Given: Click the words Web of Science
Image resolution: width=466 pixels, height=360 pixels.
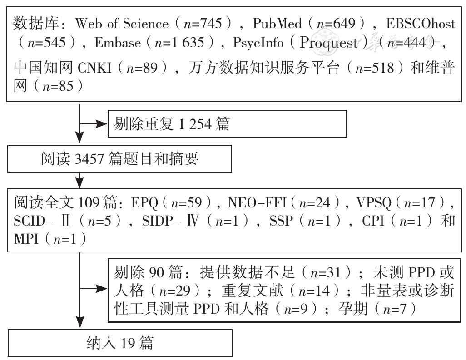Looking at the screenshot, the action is (122, 24).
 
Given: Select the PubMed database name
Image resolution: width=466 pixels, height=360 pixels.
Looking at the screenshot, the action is (277, 24).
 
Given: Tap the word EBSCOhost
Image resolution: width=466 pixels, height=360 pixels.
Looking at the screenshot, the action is (421, 24).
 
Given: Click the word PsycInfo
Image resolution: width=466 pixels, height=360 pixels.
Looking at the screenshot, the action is (258, 43).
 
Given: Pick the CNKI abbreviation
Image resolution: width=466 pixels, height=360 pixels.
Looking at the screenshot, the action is (94, 68).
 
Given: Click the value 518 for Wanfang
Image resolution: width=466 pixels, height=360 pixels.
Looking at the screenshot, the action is (383, 68).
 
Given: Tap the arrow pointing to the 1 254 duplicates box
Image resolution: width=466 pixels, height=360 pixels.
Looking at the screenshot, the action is (94, 124).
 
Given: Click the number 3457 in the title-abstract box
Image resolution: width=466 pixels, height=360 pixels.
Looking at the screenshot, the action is (89, 159).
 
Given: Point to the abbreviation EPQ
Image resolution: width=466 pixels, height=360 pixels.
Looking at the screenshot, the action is (144, 203).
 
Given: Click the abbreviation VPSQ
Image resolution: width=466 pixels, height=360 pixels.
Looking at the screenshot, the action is (374, 203).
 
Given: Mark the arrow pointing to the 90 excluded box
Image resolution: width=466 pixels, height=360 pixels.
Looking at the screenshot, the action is (94, 288).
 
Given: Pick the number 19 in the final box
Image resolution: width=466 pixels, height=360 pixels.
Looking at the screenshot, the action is (128, 343).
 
